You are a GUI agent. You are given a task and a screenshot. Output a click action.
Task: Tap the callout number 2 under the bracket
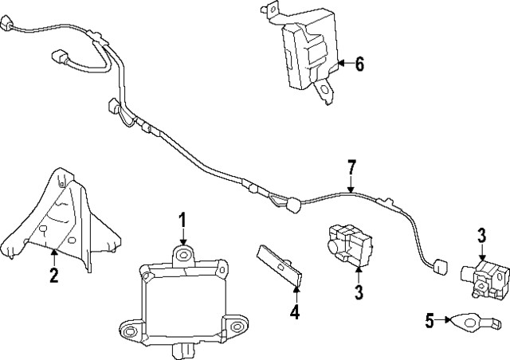coord(54,276)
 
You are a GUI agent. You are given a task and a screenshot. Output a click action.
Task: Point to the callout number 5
coord(430,321)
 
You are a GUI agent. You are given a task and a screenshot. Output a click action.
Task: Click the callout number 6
coord(359,64)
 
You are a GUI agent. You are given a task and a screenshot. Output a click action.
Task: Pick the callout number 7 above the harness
coord(351,169)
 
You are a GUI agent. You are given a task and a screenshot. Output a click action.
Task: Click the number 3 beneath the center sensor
coord(359,292)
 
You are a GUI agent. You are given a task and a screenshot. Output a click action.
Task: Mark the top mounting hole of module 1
coord(184,254)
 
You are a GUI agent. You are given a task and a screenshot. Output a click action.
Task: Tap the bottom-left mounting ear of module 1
coord(129,329)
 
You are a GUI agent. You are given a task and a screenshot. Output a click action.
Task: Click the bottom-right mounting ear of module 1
coord(236,327)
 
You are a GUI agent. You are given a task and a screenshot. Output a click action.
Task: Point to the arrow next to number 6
coord(344,63)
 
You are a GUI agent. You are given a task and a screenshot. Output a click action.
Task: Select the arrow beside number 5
coord(444,321)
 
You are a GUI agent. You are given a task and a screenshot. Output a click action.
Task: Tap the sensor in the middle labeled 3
coord(349,242)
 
